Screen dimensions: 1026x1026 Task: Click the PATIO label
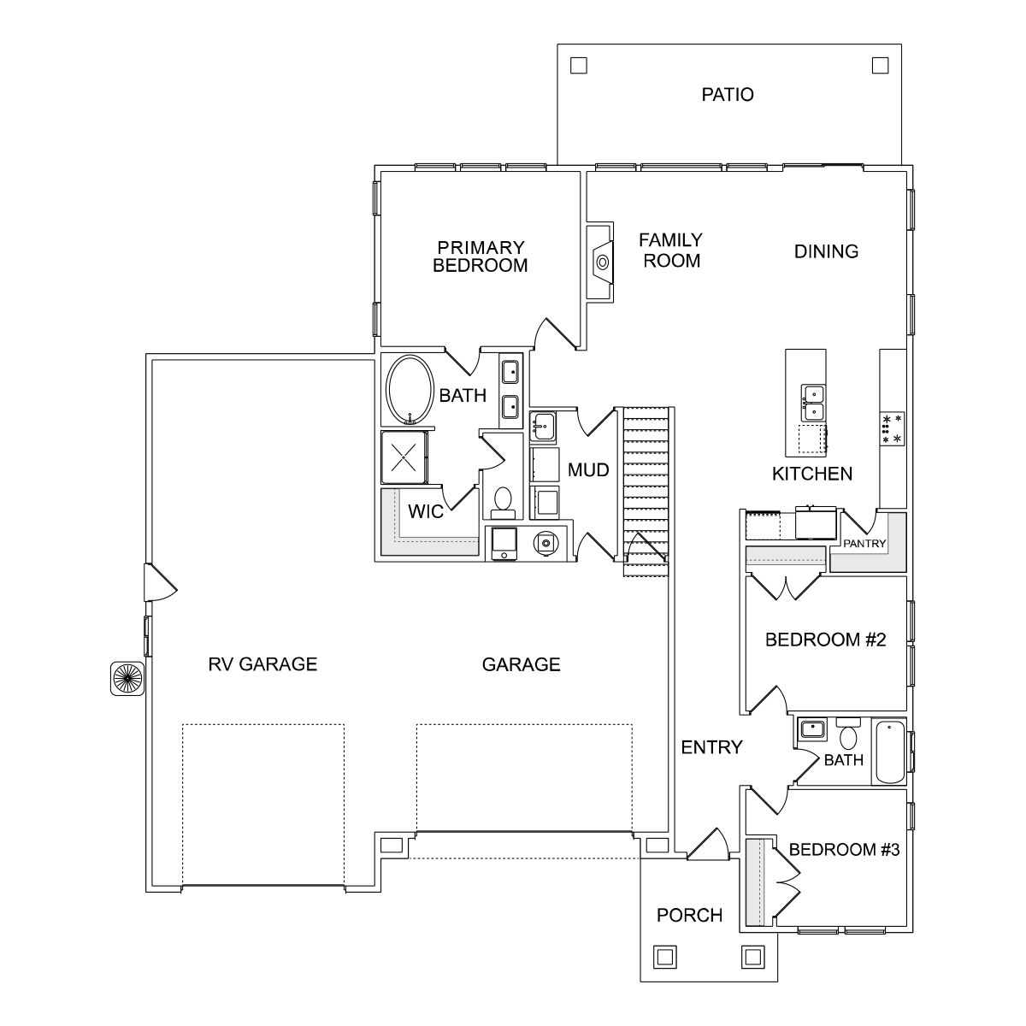728,94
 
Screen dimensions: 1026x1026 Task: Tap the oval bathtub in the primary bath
411,391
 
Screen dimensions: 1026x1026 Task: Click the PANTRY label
864,543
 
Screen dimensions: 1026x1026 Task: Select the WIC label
425,512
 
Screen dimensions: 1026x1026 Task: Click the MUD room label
588,470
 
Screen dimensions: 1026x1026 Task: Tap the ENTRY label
711,747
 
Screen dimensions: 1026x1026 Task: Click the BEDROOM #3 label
844,850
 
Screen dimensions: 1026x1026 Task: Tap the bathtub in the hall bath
889,752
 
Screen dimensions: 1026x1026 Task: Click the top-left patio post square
579,65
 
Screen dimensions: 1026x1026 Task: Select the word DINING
826,251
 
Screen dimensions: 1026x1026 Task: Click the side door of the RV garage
159,582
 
